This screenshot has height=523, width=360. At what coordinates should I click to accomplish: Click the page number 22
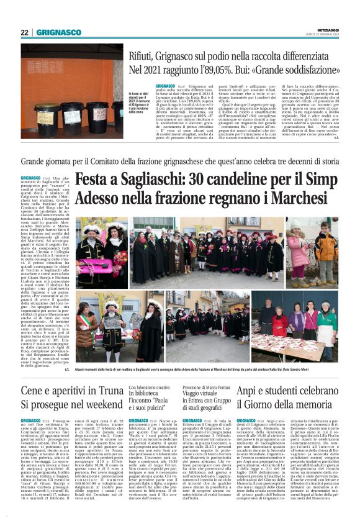(24, 32)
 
